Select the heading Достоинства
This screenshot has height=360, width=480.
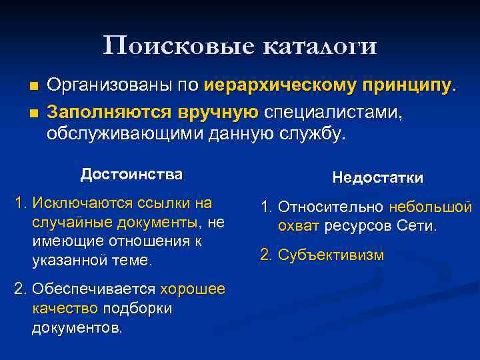[131, 175]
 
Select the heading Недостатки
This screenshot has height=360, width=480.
[377, 177]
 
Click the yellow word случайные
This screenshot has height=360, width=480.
[67, 221]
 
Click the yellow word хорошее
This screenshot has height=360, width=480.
[193, 289]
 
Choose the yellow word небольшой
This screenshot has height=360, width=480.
[430, 207]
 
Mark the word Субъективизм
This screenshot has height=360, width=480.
[331, 255]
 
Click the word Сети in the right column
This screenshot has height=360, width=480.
[415, 226]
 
